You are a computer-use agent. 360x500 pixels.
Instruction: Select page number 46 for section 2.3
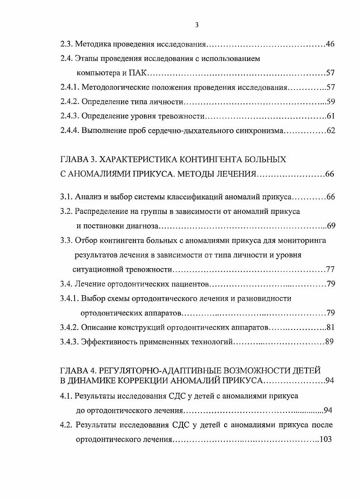coord(330,44)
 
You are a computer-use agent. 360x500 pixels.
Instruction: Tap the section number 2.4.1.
coord(70,87)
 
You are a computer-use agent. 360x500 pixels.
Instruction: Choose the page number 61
coord(330,116)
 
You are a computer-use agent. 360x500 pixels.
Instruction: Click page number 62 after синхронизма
coord(330,131)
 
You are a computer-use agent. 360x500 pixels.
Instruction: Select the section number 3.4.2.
coord(70,327)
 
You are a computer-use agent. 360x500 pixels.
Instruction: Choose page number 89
coord(329,342)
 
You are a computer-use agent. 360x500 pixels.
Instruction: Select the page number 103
coord(325,439)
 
